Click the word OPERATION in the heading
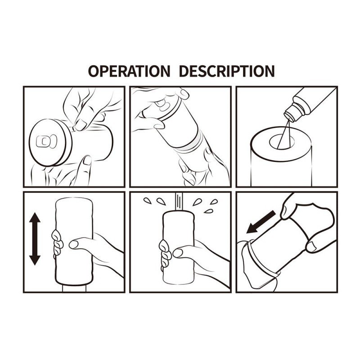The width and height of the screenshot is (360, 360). (129, 71)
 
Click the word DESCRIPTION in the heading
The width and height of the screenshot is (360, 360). (227, 71)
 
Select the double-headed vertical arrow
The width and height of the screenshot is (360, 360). (35, 239)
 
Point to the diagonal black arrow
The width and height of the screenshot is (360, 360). (261, 222)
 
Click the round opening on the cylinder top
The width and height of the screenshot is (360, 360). (282, 142)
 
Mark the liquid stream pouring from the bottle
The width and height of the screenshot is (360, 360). (283, 135)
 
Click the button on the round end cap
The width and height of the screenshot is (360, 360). (46, 141)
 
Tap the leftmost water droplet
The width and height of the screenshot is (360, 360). (148, 201)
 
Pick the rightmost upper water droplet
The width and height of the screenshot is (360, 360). (214, 202)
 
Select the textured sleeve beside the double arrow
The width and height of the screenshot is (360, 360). (74, 241)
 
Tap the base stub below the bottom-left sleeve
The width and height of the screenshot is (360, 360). (74, 288)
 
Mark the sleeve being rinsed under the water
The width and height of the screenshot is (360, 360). (179, 247)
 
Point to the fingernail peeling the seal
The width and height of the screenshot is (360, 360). (81, 125)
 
